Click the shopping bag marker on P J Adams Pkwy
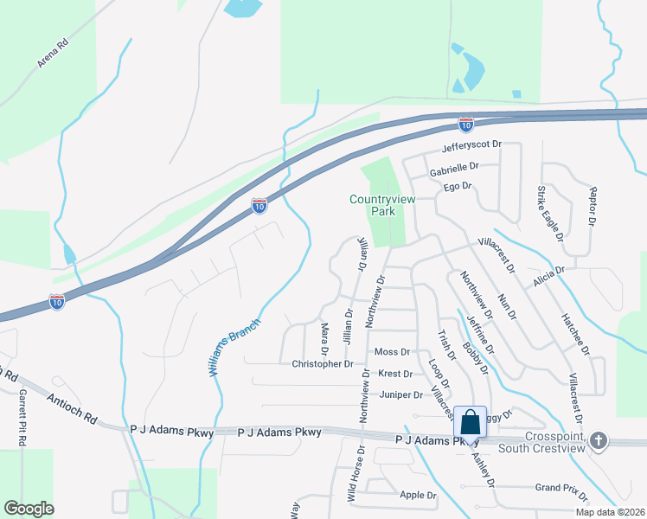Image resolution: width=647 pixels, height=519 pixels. point(470,422)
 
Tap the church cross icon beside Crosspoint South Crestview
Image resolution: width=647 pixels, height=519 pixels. point(599,441)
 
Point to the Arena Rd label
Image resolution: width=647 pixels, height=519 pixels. point(52,54)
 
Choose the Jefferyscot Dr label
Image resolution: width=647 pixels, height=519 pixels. point(472,149)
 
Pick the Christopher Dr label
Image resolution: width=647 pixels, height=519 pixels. point(323,364)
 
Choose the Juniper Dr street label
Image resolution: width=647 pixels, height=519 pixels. point(400,394)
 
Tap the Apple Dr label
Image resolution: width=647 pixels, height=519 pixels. point(419,495)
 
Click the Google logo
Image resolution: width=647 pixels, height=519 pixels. point(29,509)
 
